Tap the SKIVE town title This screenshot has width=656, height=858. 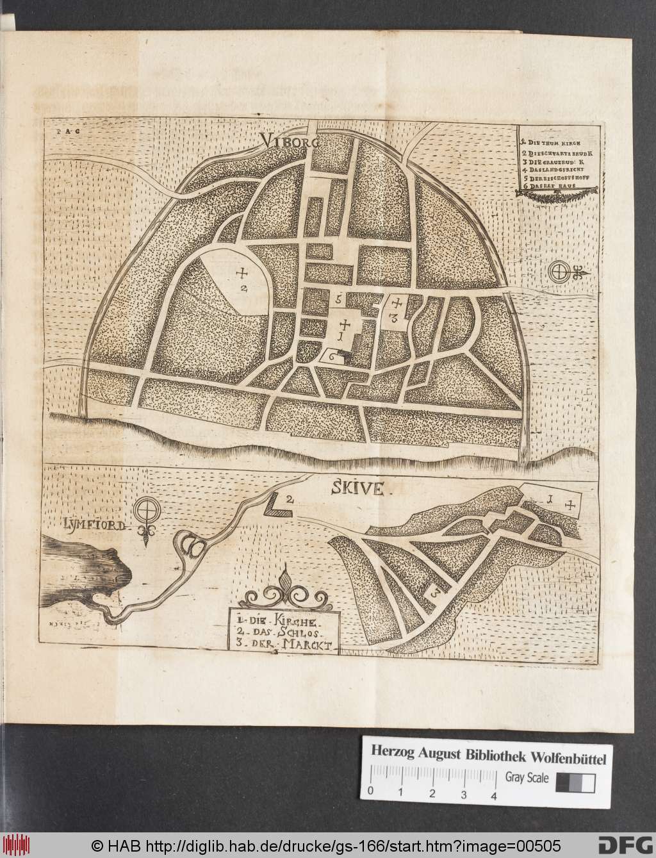coord(357,490)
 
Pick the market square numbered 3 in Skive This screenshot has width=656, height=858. coord(435,593)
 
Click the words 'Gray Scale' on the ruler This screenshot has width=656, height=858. coord(527,778)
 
